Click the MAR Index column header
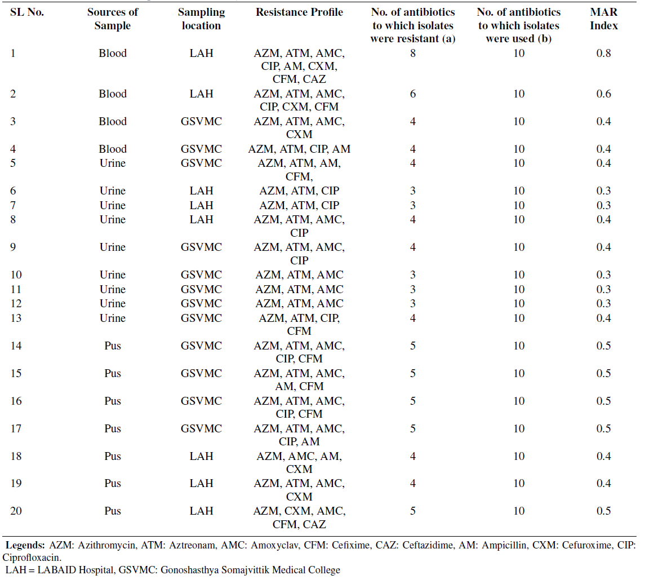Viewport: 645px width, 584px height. [x=603, y=19]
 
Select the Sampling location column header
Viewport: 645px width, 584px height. [x=201, y=19]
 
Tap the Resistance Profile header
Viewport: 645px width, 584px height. [x=299, y=12]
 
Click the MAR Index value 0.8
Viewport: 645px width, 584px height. [x=603, y=53]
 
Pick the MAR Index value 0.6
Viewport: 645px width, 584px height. [x=603, y=94]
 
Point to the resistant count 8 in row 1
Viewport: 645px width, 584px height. [x=412, y=53]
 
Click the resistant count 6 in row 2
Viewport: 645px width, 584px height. [x=412, y=94]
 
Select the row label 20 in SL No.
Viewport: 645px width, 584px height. [x=16, y=511]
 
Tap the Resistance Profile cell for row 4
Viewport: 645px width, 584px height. [x=299, y=149]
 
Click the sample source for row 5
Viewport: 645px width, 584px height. [x=112, y=163]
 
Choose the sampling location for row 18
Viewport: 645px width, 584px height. [x=201, y=457]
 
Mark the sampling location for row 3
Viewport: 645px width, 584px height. [x=201, y=121]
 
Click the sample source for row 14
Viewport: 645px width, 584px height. [x=112, y=346]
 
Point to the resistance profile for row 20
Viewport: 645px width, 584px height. [x=299, y=517]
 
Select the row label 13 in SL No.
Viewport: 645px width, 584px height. [x=16, y=318]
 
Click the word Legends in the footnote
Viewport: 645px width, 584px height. [x=25, y=545]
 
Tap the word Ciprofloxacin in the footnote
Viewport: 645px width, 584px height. [x=32, y=558]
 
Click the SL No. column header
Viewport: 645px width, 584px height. [x=26, y=12]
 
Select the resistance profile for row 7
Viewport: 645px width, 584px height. [x=299, y=205]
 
